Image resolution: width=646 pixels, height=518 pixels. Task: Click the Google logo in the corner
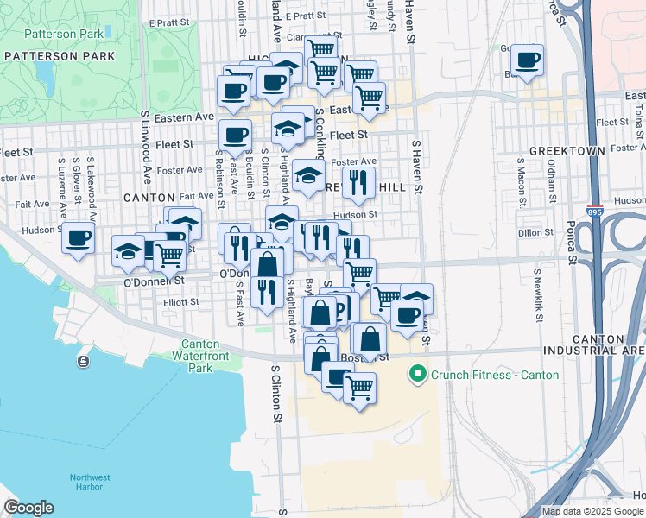pos(28,508)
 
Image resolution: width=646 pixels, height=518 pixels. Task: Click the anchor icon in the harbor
pos(83,361)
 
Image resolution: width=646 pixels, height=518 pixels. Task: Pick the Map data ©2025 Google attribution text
pos(593,511)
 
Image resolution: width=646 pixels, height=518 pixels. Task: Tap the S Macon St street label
pos(522,181)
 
